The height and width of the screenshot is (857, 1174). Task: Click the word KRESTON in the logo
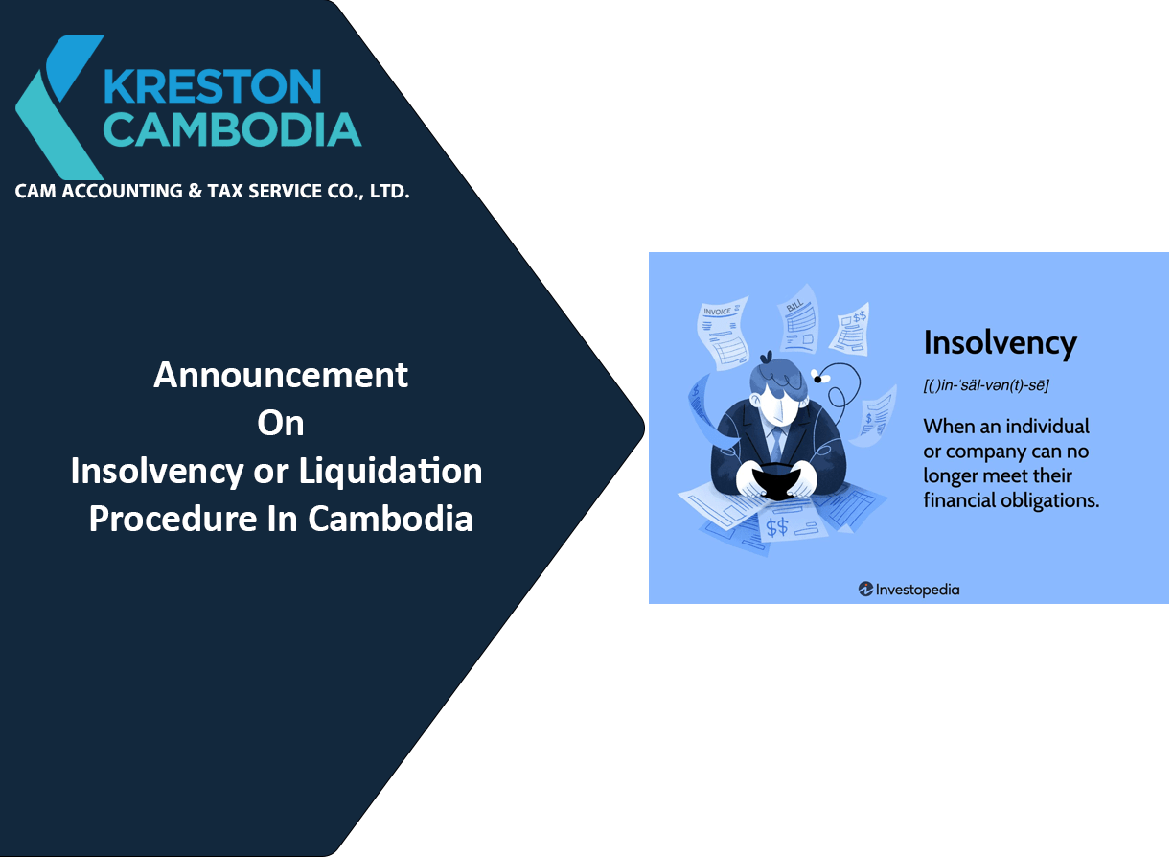[x=213, y=85]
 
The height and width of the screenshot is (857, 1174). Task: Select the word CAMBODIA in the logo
[x=233, y=129]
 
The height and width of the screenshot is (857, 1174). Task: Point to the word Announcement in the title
[x=281, y=375]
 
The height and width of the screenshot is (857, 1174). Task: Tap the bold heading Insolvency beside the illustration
[x=1000, y=343]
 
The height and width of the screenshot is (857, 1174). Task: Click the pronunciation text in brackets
[x=986, y=385]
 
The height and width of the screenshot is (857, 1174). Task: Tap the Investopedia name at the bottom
[x=917, y=589]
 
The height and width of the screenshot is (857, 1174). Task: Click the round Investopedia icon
[x=865, y=589]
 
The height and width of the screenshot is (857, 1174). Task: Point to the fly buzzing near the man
[x=821, y=376]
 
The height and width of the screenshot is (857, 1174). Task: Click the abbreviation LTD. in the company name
[x=391, y=191]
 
